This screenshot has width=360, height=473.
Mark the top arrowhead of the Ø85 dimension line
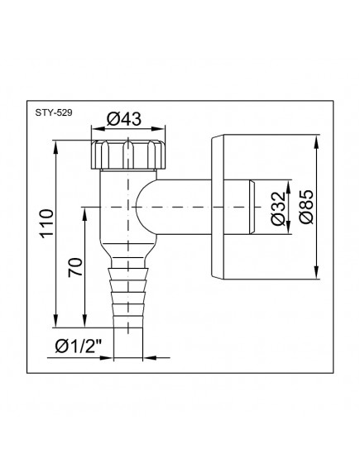[x=318, y=137]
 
